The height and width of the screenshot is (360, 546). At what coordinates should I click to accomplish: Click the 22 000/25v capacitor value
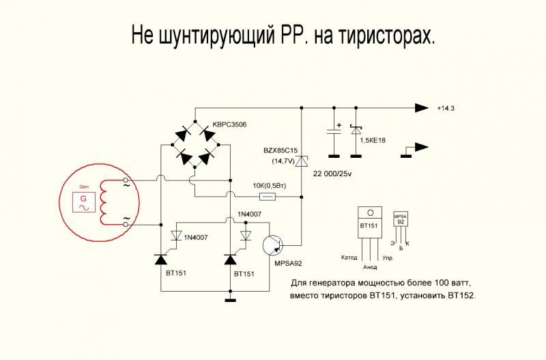pos(332,176)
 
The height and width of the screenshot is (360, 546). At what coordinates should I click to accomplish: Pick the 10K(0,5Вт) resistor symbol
pos(269,197)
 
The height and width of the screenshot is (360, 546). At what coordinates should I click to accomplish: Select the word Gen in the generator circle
pos(85,186)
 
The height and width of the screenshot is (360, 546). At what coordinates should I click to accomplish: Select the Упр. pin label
pos(388,258)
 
